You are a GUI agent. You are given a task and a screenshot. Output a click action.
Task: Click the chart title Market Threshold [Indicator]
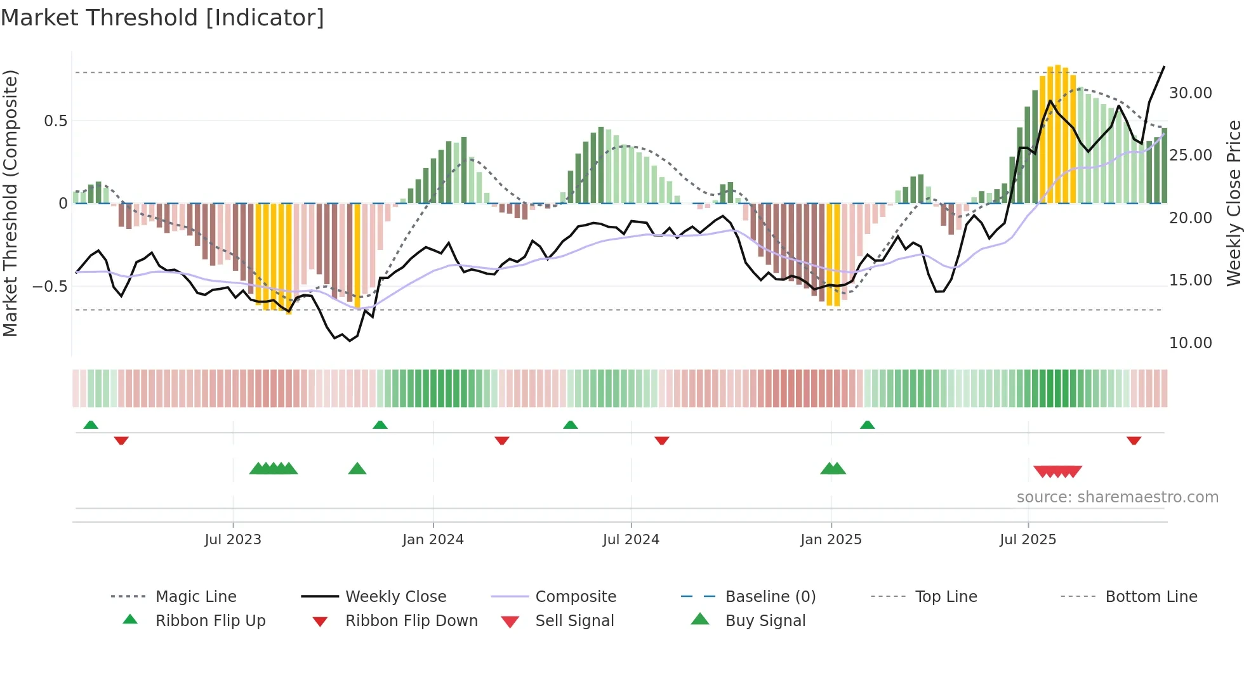(162, 18)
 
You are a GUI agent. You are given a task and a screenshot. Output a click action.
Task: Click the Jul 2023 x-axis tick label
(233, 540)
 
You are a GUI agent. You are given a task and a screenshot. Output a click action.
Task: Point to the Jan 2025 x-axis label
(831, 540)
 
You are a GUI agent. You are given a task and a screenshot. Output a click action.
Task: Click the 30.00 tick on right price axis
(1190, 93)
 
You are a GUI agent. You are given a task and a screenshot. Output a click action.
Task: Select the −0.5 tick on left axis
(50, 286)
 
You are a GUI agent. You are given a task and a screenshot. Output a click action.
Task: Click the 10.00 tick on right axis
(1190, 343)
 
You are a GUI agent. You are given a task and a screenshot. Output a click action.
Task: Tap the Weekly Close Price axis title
(1233, 203)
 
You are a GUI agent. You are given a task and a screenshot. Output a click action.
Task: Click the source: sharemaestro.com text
(1117, 497)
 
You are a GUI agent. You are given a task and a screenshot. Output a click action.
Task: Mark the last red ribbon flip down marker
(1134, 440)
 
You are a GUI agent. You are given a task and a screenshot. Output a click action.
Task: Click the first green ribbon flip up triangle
(91, 425)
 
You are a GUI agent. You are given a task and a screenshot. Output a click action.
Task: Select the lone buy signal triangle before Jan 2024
(357, 469)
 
